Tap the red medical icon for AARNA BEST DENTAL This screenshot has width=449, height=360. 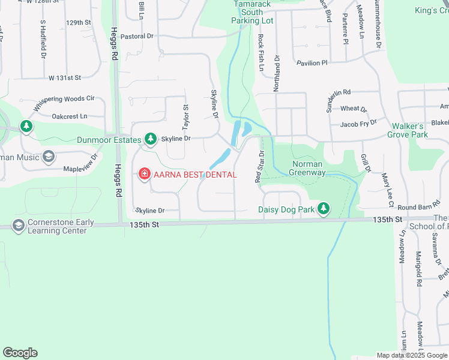pos(144,175)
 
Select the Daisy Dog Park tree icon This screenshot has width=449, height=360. pos(324,209)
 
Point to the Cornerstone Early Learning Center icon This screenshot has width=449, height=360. pos(19,225)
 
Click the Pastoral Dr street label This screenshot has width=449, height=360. pos(137,36)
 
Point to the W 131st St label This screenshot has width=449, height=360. pos(65,78)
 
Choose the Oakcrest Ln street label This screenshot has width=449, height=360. pos(70,116)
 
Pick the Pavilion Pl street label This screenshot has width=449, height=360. pos(312,62)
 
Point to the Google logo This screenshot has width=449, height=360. pos(20,353)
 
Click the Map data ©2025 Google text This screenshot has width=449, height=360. pos(412,355)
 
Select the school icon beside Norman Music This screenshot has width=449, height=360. pos(49,158)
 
